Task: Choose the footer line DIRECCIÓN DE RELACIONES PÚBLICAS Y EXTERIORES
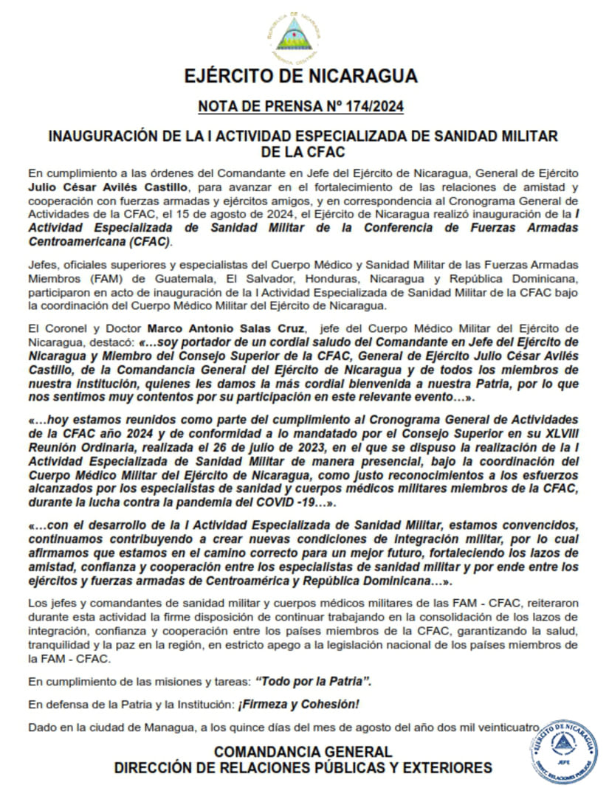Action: pos(303,768)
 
